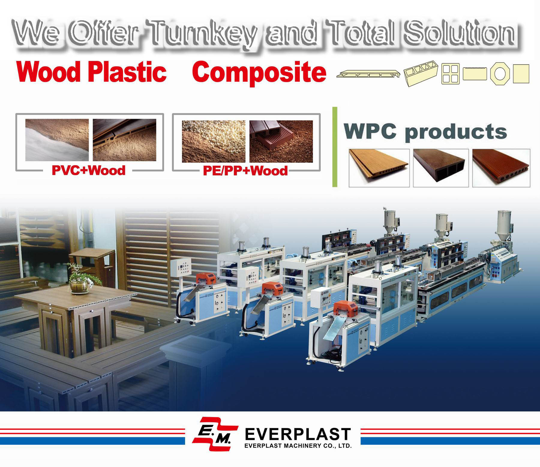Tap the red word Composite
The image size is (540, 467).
[x=259, y=72]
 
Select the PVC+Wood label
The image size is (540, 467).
[x=88, y=170]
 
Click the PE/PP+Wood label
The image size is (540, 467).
[x=245, y=171]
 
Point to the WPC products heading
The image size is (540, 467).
[x=425, y=132]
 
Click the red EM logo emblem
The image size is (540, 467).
[x=215, y=433]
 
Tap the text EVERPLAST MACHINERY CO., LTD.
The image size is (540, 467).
[x=298, y=446]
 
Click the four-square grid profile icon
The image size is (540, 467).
[x=451, y=74]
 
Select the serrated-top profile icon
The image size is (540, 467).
[x=475, y=74]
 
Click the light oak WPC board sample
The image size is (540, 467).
[x=379, y=168]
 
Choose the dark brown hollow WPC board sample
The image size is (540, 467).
[x=441, y=168]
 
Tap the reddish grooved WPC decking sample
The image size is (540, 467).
[x=501, y=168]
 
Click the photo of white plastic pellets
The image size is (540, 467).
[x=214, y=141]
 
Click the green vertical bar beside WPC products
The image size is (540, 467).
[x=335, y=147]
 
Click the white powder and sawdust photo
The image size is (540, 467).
[x=57, y=140]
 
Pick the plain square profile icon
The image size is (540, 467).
[x=521, y=74]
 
